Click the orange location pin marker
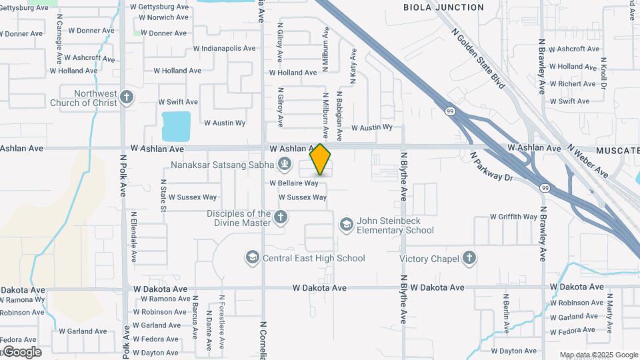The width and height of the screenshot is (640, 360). (320, 159)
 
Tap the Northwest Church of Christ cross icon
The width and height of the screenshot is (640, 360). (127, 99)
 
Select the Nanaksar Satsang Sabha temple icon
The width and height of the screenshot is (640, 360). (285, 164)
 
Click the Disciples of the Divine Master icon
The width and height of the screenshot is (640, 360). (281, 217)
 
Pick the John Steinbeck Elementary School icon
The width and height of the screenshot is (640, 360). (346, 225)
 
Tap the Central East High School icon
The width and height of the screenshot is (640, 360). (252, 258)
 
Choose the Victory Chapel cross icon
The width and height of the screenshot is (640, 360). (469, 259)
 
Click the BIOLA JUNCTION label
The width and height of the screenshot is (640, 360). (443, 7)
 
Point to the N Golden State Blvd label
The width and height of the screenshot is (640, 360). (478, 58)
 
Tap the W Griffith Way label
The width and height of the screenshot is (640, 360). (513, 217)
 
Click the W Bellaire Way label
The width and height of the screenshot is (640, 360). (293, 183)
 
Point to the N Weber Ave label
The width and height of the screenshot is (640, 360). (587, 161)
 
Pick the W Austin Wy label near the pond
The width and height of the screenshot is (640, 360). (225, 123)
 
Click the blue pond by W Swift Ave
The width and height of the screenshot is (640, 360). (176, 123)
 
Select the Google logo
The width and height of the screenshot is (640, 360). (21, 352)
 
